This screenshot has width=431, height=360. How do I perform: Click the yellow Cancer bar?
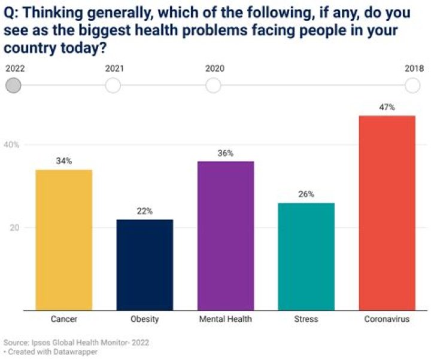coord(64,239)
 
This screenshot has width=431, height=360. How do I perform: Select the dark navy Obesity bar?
coord(145,264)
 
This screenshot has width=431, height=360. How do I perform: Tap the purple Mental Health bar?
coord(226,235)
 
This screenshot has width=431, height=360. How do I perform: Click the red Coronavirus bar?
coord(387,212)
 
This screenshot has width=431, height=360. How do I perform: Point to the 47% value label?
coord(387,108)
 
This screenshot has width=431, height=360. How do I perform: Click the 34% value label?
coord(64,161)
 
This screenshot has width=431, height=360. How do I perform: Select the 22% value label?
coord(145,211)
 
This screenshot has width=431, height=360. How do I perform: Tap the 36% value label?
coord(226,153)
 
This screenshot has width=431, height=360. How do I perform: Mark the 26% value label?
coord(306,194)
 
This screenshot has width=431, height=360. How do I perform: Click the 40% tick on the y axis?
coord(13,145)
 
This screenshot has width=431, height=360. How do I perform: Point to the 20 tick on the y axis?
coord(14,228)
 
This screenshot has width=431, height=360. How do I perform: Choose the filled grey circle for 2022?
coord(13,86)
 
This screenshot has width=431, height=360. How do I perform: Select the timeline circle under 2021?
coord(113,86)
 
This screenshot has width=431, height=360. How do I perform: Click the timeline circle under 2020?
coord(213,86)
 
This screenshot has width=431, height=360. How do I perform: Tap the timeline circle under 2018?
coord(412,86)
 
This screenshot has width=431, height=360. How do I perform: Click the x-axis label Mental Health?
coord(226,319)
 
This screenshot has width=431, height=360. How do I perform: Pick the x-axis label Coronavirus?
coord(387,319)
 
